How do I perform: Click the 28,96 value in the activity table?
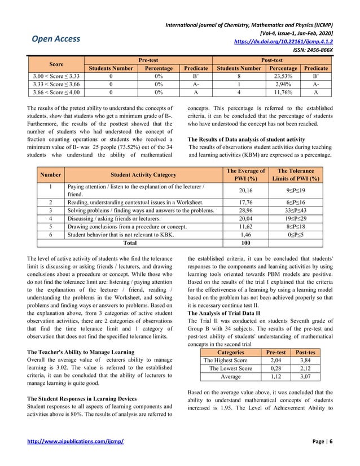245,208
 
